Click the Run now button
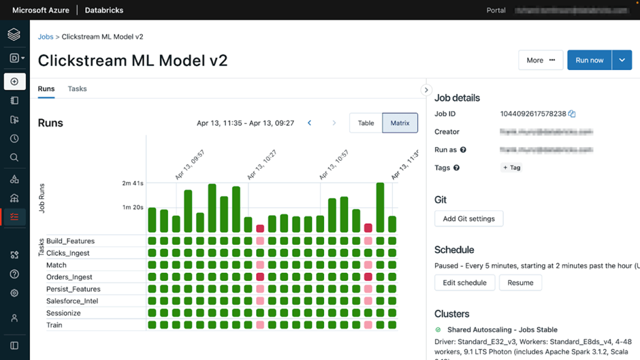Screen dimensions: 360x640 (589, 60)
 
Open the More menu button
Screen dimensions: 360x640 (541, 60)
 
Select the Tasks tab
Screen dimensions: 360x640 (77, 88)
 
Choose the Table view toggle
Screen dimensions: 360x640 (366, 123)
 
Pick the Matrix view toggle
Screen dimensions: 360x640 (400, 123)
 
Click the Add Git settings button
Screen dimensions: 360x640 (468, 218)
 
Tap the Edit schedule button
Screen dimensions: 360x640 (464, 282)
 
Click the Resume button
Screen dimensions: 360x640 (520, 282)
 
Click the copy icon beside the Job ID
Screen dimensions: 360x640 (572, 114)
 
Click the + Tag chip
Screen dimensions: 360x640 (511, 167)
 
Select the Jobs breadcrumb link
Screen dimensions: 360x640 (45, 37)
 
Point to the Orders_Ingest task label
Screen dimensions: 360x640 (69, 277)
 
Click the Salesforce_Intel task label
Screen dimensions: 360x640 (72, 301)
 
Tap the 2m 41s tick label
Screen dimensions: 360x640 (132, 184)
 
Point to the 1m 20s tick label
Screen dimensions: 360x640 (132, 208)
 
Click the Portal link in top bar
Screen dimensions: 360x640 (496, 10)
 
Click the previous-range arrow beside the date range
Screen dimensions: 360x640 (309, 123)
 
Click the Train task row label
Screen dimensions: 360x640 (54, 325)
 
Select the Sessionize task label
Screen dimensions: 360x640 (63, 313)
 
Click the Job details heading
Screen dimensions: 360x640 (457, 98)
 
